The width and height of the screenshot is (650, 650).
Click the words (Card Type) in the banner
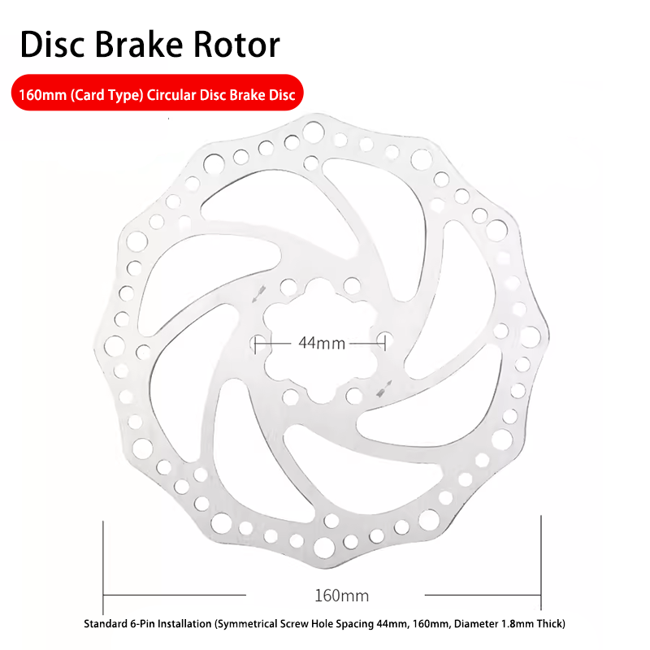[107, 94]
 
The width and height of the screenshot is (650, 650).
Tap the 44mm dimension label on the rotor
[322, 343]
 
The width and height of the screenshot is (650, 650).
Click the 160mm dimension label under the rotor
[341, 596]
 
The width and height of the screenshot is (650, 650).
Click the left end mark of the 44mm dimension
[257, 344]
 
